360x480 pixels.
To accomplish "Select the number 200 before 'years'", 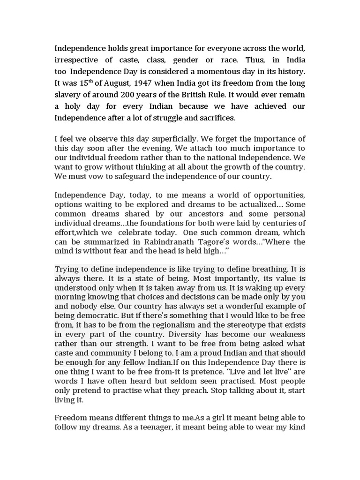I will pyautogui.click(x=145, y=95).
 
